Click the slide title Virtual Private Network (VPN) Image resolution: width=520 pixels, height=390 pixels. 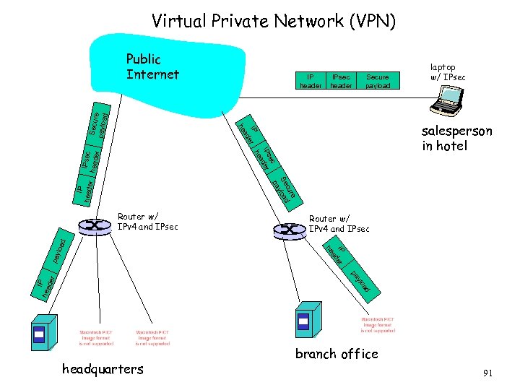274,22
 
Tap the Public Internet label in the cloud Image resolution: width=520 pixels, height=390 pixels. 152,66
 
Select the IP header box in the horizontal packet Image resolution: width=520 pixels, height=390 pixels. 311,80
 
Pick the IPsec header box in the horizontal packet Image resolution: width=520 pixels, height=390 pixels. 341,80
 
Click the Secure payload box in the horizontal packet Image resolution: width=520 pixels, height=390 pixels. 377,80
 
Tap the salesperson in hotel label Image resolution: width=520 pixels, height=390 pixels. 456,138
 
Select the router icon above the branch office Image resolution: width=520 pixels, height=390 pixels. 287,230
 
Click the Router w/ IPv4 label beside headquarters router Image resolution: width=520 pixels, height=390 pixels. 147,222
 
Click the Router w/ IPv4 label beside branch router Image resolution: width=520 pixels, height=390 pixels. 339,223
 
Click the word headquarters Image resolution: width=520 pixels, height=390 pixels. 103,369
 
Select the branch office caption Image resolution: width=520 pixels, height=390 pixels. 337,354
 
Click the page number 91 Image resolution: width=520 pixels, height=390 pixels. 487,373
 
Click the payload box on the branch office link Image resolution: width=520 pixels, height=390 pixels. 361,282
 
